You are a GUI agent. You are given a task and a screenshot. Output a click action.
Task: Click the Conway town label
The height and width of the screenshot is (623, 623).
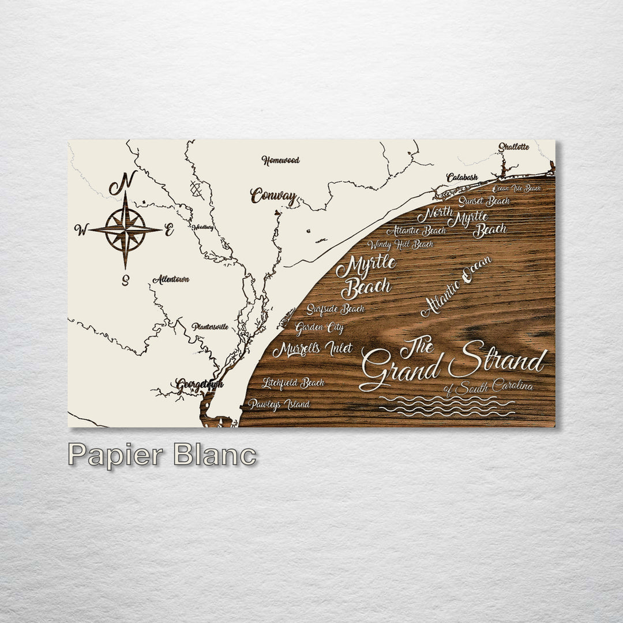(x=274, y=196)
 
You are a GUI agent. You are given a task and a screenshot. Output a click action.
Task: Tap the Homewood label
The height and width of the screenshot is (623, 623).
(x=280, y=160)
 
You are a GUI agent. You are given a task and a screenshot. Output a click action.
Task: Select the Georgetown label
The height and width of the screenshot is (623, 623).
(x=199, y=384)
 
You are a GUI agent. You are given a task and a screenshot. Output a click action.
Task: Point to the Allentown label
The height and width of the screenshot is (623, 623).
(x=171, y=279)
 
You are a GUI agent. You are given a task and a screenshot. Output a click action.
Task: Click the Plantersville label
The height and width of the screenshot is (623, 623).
(x=210, y=326)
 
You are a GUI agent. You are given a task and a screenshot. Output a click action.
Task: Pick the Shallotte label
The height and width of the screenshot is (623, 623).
(x=513, y=147)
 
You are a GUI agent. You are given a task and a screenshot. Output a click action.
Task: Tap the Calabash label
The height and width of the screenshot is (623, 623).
(x=461, y=178)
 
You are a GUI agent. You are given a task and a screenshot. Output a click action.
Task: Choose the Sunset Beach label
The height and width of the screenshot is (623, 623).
(x=484, y=201)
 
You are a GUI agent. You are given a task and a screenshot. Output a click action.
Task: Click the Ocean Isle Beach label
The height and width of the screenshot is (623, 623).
(x=517, y=188)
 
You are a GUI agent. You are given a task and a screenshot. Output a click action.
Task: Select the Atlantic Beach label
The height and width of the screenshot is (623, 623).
(x=416, y=231)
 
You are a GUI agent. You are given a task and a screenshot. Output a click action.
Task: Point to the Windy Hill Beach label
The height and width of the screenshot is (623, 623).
(x=400, y=245)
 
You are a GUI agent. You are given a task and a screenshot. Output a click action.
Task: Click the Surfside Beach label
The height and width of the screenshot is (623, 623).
(x=335, y=309)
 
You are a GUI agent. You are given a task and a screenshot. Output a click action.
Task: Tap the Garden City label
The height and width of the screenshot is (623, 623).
(x=320, y=328)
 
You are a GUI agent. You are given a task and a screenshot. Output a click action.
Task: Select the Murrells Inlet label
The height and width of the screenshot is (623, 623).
(x=312, y=349)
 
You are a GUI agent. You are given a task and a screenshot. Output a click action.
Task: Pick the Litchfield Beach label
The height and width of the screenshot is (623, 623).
(x=293, y=382)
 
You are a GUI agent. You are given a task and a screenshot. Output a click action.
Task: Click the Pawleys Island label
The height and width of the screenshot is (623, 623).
(x=279, y=404)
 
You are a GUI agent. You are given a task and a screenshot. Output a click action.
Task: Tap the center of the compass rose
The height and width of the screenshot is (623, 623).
(x=125, y=230)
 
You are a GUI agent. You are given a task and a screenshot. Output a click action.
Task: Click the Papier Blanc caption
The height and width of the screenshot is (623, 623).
(x=162, y=455)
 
